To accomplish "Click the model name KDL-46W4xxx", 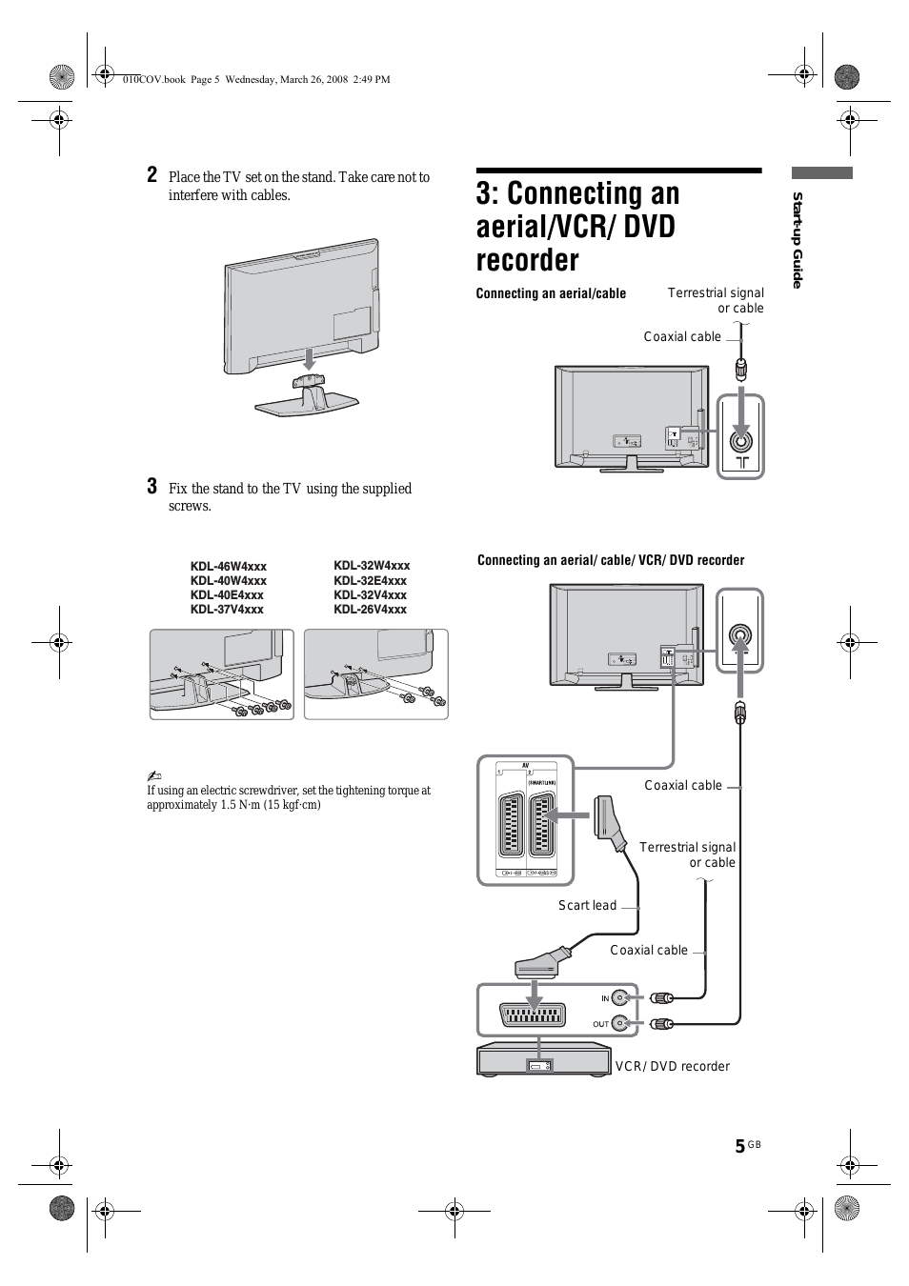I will [x=228, y=566].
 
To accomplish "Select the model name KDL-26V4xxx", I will [x=370, y=610].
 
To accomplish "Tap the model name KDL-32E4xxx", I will [x=370, y=580].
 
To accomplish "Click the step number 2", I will [x=152, y=174].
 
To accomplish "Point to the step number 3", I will [x=152, y=487].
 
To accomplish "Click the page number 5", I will [x=739, y=1146].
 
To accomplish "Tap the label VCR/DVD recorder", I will [x=672, y=1066].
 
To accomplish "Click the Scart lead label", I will [x=587, y=905].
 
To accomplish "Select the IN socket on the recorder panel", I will [x=620, y=998].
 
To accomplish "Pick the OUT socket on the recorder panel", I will [x=620, y=1023].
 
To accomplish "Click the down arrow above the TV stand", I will [x=307, y=358].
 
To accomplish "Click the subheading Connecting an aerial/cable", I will [x=551, y=293].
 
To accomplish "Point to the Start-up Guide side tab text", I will [x=798, y=240].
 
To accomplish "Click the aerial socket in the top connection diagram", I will [x=740, y=440].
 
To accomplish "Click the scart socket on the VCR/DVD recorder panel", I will [x=534, y=1015].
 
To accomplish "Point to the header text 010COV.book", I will [x=153, y=80].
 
